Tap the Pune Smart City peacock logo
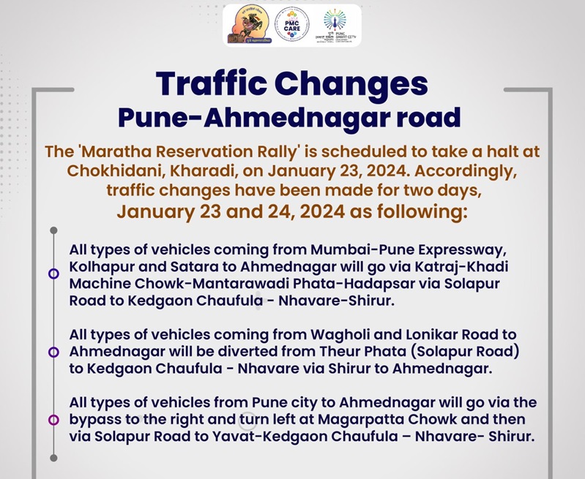(336, 26)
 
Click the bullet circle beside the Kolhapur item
(53, 274)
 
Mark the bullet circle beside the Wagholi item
(53, 352)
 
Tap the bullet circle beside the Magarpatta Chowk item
(53, 420)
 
